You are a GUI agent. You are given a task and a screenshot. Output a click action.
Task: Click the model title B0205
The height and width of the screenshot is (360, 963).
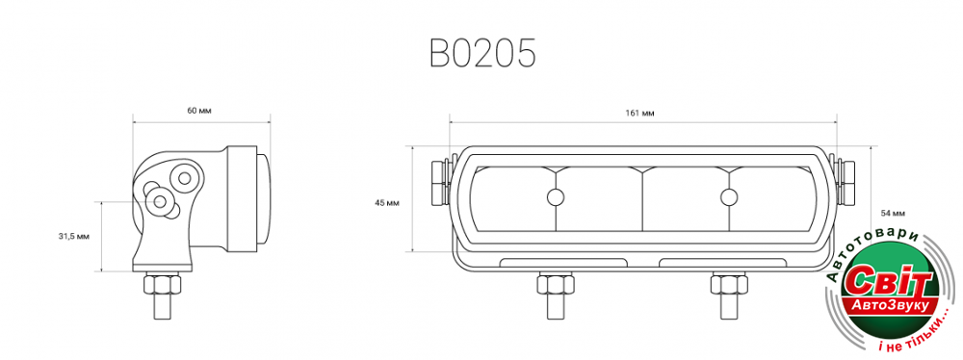tap(482, 54)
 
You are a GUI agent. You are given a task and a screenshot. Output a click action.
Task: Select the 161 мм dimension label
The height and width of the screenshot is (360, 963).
tap(640, 113)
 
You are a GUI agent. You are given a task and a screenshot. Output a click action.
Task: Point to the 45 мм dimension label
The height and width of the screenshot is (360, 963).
tap(387, 203)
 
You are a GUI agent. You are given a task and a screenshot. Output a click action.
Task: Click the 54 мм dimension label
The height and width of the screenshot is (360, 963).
tap(893, 213)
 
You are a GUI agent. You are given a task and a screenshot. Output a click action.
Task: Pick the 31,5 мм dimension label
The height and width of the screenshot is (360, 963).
tap(74, 237)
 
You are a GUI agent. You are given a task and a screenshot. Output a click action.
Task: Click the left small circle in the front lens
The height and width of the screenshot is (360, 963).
tap(556, 197)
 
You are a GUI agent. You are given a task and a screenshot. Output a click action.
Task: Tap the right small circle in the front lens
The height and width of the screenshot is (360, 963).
tap(729, 197)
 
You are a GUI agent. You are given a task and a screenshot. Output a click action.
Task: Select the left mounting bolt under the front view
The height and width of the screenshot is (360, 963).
tap(556, 296)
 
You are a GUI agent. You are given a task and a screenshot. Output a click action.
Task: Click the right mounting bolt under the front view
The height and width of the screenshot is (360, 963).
tap(729, 296)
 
